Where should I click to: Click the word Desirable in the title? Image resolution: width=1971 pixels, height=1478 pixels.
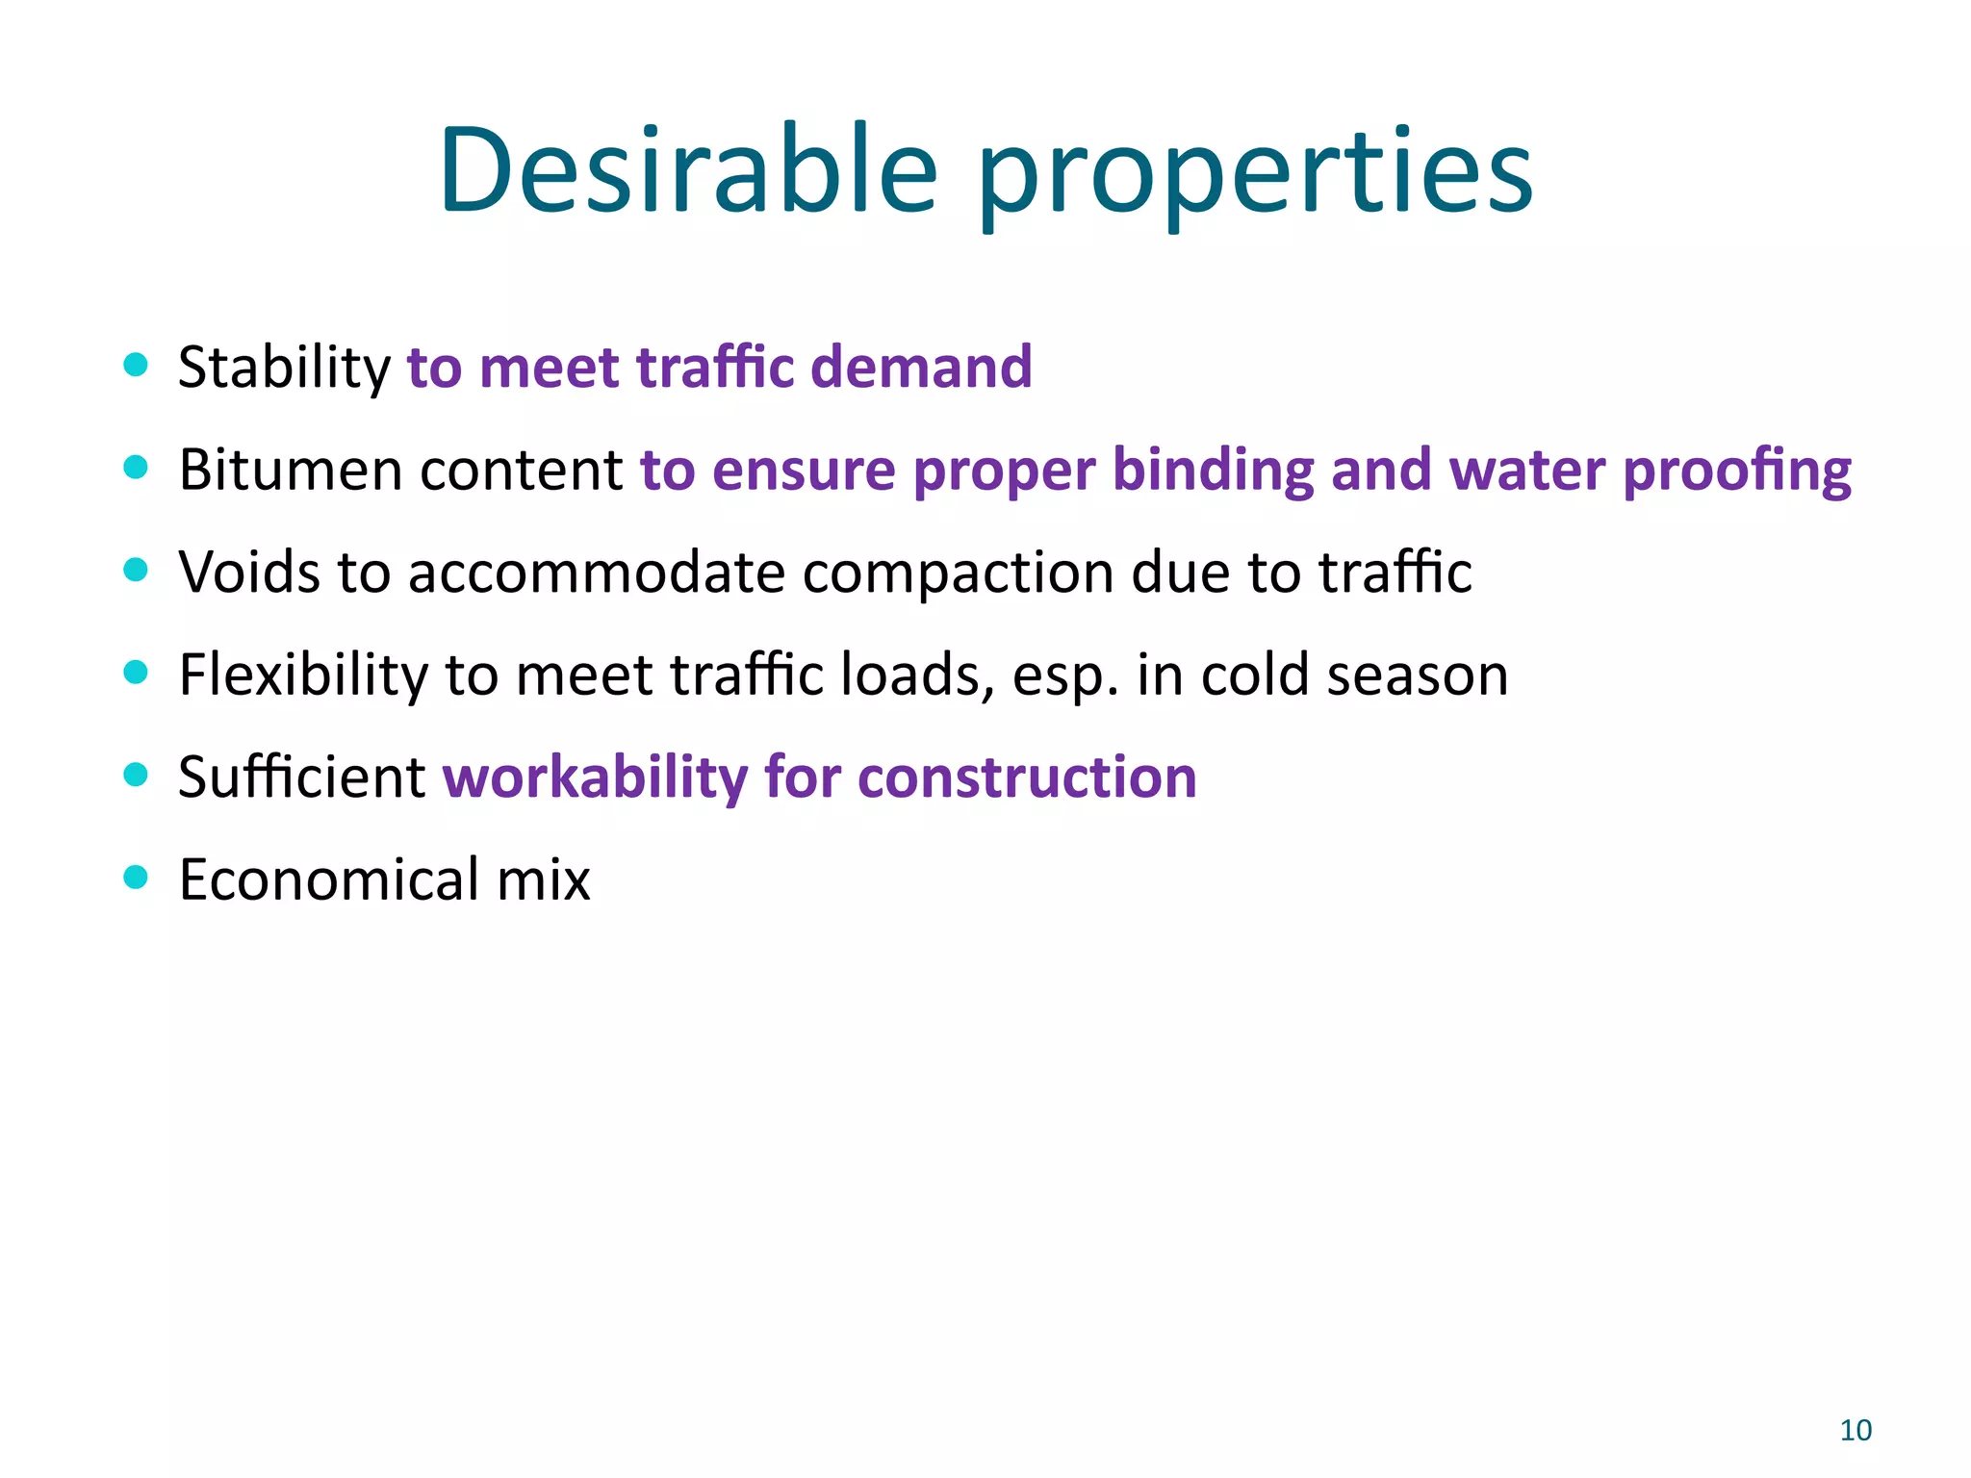pyautogui.click(x=688, y=171)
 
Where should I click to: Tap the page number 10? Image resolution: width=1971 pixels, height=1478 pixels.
pyautogui.click(x=1856, y=1431)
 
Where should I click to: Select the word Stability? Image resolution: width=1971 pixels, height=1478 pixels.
pyautogui.click(x=284, y=369)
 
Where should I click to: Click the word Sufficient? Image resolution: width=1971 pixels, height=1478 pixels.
pyautogui.click(x=301, y=777)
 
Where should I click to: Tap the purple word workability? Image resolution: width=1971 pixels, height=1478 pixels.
pyautogui.click(x=594, y=777)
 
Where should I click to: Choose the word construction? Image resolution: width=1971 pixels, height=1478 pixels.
pyautogui.click(x=1027, y=777)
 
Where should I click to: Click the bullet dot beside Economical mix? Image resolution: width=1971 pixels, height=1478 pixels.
pyautogui.click(x=136, y=877)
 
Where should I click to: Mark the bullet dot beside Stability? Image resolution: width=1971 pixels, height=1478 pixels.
pyautogui.click(x=136, y=365)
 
